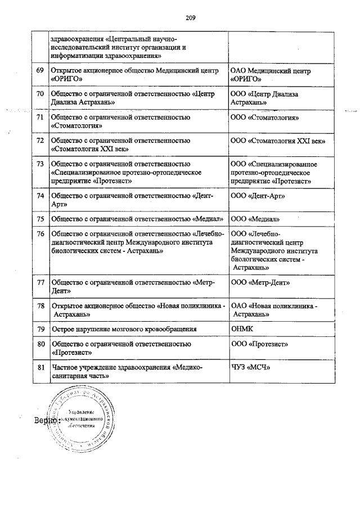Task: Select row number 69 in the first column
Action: (x=40, y=71)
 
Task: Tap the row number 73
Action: (x=40, y=164)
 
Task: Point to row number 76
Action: (x=40, y=233)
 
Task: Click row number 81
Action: (x=40, y=367)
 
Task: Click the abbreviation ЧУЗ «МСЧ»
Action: (x=251, y=367)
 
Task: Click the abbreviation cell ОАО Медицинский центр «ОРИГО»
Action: (x=271, y=75)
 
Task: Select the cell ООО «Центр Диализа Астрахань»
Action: (x=264, y=98)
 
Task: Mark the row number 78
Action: (x=40, y=305)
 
